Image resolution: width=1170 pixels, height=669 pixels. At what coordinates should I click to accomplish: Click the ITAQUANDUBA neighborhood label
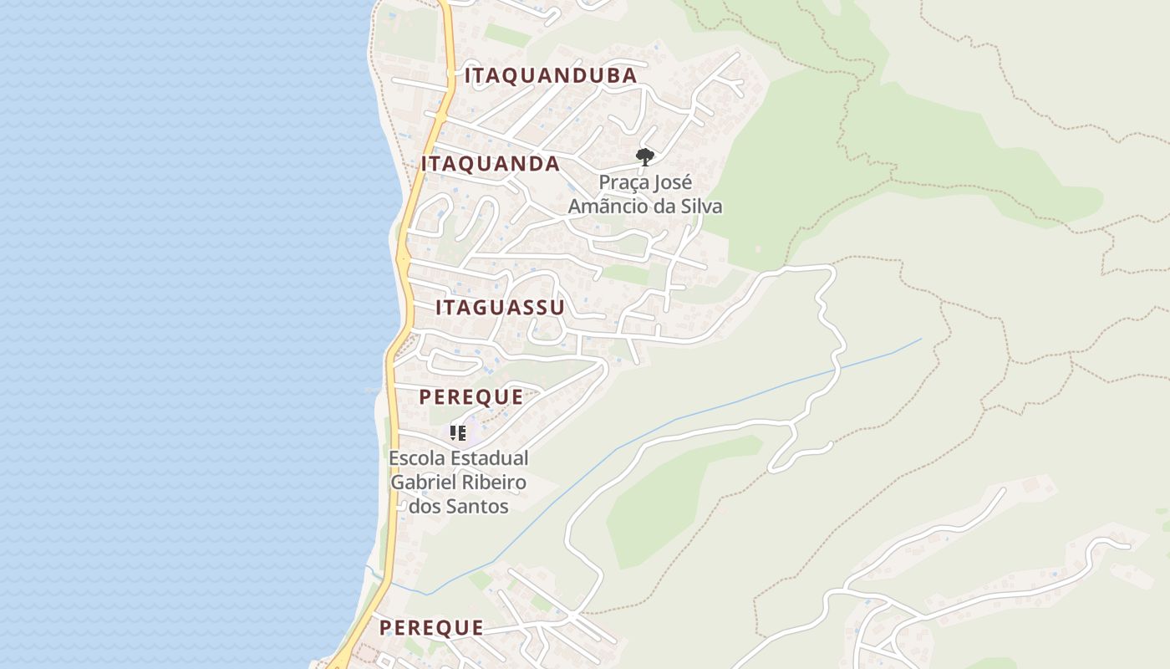[x=551, y=76]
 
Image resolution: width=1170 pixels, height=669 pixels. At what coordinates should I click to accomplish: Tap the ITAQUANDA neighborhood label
[x=491, y=164]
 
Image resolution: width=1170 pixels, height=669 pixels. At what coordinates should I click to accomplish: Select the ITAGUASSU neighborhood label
[x=500, y=308]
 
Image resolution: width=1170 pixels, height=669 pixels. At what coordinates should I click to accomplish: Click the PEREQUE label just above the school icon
[x=471, y=397]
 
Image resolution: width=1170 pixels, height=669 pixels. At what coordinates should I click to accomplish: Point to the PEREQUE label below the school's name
[x=431, y=628]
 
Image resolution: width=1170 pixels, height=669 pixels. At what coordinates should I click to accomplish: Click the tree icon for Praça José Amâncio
[x=644, y=156]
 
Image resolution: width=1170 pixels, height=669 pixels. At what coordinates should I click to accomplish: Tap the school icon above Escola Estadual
[x=457, y=433]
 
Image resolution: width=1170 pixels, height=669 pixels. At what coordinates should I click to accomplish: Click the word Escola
[x=417, y=458]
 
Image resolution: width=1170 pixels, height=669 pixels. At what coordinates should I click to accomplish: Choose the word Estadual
[x=491, y=458]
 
